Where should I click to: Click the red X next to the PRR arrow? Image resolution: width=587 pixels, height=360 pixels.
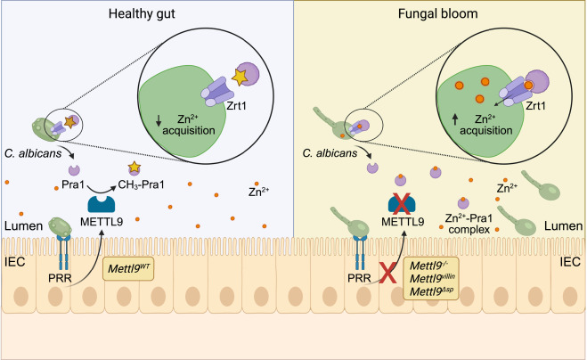[387, 271]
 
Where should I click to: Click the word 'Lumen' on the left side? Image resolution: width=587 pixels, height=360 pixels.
[20, 229]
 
